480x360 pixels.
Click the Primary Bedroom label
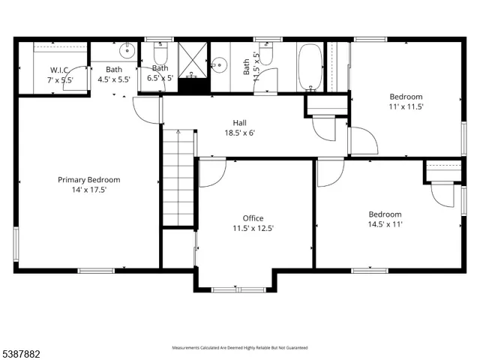(x=89, y=179)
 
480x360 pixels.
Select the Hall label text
(x=239, y=123)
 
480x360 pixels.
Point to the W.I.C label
(x=60, y=69)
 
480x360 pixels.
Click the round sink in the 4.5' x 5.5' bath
(x=127, y=52)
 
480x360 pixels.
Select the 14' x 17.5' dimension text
(x=89, y=190)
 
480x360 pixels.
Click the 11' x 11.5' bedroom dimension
(x=406, y=106)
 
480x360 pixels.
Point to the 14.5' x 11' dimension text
(x=385, y=223)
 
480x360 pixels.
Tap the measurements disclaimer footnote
(x=239, y=348)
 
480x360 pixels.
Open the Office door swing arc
(x=211, y=173)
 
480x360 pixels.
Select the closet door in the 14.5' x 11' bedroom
(x=442, y=194)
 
